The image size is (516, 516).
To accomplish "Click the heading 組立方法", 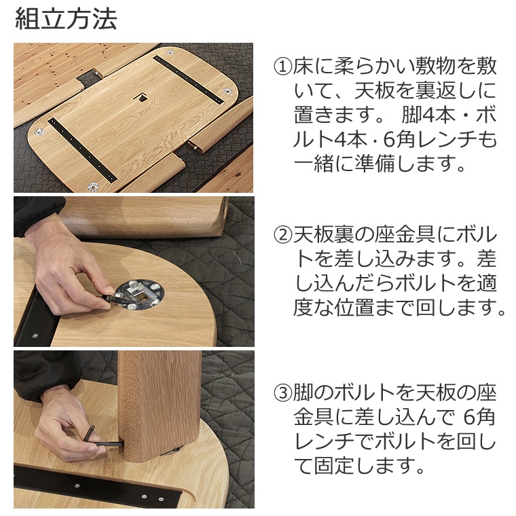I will coord(65,18).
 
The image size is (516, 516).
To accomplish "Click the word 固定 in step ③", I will coord(333,466).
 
